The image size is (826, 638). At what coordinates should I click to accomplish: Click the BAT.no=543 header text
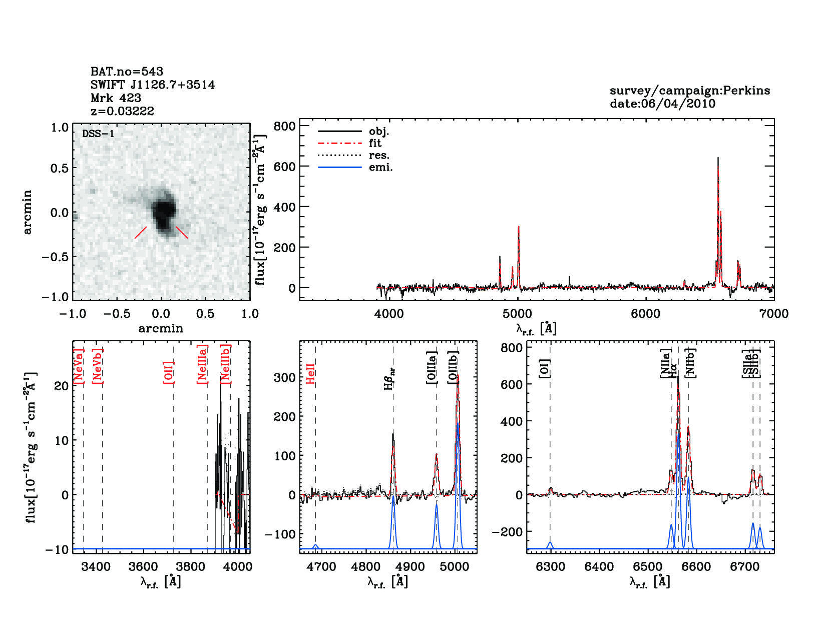[127, 72]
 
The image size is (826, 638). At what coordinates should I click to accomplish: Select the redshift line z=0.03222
[122, 111]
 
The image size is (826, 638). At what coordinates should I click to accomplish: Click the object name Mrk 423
[116, 98]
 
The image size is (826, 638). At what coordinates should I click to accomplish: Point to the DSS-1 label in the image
[98, 134]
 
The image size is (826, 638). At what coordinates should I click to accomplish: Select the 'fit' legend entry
[375, 144]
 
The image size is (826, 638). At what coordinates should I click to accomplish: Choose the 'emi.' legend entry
[380, 168]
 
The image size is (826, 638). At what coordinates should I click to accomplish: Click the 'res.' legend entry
[379, 156]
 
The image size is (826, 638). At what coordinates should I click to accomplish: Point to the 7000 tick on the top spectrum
[774, 314]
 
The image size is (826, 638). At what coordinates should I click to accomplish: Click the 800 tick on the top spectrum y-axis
[284, 126]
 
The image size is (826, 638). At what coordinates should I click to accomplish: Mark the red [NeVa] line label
[79, 366]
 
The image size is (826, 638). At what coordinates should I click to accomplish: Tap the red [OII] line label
[169, 372]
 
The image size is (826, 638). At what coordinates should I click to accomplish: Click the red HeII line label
[311, 374]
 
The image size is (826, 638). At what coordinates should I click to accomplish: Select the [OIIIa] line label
[432, 368]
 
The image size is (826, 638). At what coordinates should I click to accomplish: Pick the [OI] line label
[545, 368]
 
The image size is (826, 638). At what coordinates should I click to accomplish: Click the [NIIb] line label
[690, 363]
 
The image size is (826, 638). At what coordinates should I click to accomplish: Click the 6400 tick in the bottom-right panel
[599, 567]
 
